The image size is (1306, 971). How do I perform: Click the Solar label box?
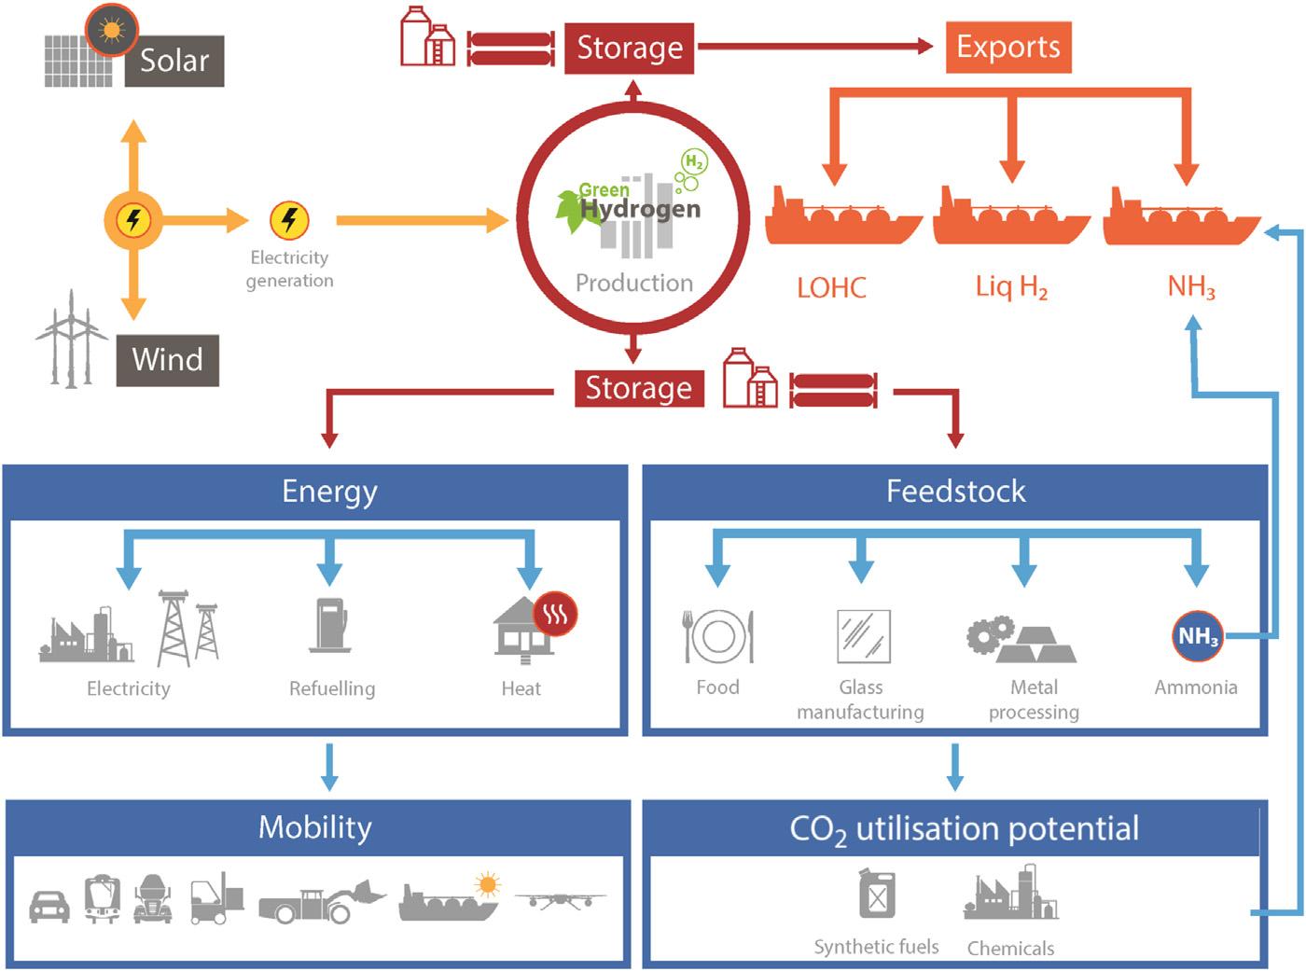click(174, 61)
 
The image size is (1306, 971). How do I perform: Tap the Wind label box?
click(168, 360)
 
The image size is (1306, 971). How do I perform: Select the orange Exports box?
click(1008, 47)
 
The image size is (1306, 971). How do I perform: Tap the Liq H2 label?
click(1011, 286)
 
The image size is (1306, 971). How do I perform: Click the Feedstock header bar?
click(955, 492)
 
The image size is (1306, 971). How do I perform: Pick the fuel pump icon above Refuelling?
click(329, 623)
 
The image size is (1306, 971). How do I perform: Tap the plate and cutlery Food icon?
click(717, 636)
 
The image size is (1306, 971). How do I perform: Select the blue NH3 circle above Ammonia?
click(1197, 636)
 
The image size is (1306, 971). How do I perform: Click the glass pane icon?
click(863, 636)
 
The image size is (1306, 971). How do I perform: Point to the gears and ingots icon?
click(1021, 639)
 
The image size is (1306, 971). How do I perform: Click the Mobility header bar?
click(315, 828)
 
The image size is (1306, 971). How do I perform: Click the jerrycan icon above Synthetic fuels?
click(877, 894)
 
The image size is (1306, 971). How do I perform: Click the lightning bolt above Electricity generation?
click(289, 221)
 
